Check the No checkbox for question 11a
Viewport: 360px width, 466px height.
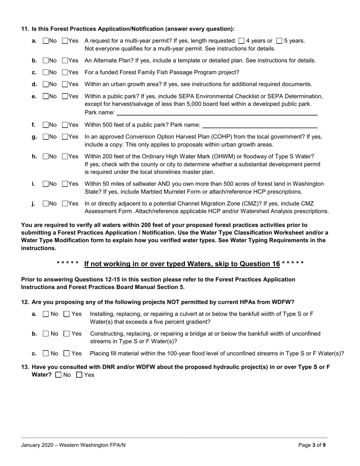[x=46, y=41]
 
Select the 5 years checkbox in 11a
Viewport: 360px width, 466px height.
[x=279, y=41]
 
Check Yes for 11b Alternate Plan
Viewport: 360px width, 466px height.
[x=65, y=61]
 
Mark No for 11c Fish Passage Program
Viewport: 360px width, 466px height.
[x=46, y=72]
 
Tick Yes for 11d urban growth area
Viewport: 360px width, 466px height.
[x=65, y=84]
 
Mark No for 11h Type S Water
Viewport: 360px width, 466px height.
[x=46, y=156]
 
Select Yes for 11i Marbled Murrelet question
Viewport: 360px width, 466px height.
[x=65, y=184]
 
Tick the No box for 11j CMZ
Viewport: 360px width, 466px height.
[x=46, y=203]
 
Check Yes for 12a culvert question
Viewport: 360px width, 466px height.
[x=67, y=314]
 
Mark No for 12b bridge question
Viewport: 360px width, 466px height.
[x=45, y=334]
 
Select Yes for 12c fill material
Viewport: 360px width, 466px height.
[x=67, y=353]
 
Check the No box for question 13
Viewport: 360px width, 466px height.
[x=58, y=375]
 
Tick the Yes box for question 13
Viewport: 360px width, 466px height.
[x=79, y=375]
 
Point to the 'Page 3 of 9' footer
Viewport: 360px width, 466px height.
[x=312, y=445]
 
